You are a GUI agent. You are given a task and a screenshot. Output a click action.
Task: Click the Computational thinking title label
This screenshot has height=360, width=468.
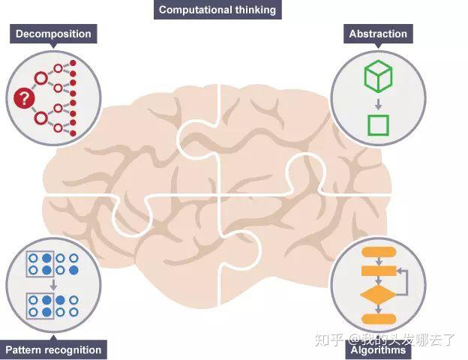pyautogui.click(x=217, y=10)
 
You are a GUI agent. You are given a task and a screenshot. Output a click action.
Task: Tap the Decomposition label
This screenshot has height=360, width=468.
pyautogui.click(x=53, y=34)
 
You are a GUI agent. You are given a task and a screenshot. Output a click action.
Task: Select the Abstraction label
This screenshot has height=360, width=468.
pyautogui.click(x=378, y=34)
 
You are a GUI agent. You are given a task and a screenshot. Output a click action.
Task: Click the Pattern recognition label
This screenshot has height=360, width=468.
pyautogui.click(x=53, y=349)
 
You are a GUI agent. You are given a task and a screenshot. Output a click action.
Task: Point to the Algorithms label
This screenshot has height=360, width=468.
pyautogui.click(x=378, y=349)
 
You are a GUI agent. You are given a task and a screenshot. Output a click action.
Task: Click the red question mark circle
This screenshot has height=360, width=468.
pyautogui.click(x=24, y=97)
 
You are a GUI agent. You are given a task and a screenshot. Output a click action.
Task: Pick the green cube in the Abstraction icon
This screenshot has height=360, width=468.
pyautogui.click(x=378, y=75)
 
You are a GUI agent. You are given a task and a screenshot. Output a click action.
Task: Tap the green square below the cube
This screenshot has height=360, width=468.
pyautogui.click(x=378, y=124)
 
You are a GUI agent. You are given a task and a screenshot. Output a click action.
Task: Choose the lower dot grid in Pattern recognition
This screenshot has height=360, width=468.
pyautogui.click(x=52, y=307)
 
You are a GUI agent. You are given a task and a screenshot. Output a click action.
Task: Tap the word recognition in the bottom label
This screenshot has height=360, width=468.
pyautogui.click(x=73, y=349)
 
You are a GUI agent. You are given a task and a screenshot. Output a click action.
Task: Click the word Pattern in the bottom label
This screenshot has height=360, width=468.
pyautogui.click(x=23, y=349)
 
